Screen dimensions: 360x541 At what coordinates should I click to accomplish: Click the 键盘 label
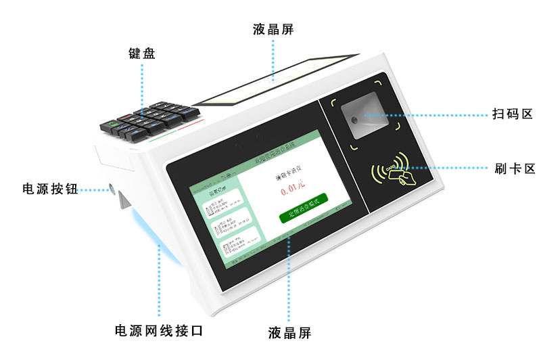click(142, 53)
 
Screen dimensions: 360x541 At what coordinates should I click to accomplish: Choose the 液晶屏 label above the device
click(273, 29)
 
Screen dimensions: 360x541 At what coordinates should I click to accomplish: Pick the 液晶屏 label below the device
click(289, 333)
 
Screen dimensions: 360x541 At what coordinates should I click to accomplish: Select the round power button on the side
click(112, 187)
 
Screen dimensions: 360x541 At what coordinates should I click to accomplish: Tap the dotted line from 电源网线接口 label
click(160, 284)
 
